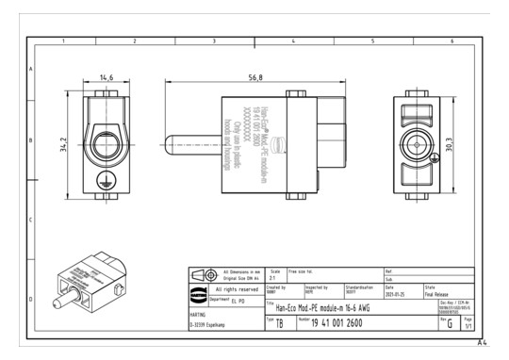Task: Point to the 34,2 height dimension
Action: [66, 141]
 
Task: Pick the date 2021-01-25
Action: [397, 294]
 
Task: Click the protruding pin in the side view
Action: [192, 149]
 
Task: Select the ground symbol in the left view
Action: [106, 176]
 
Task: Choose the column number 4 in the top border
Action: [294, 42]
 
